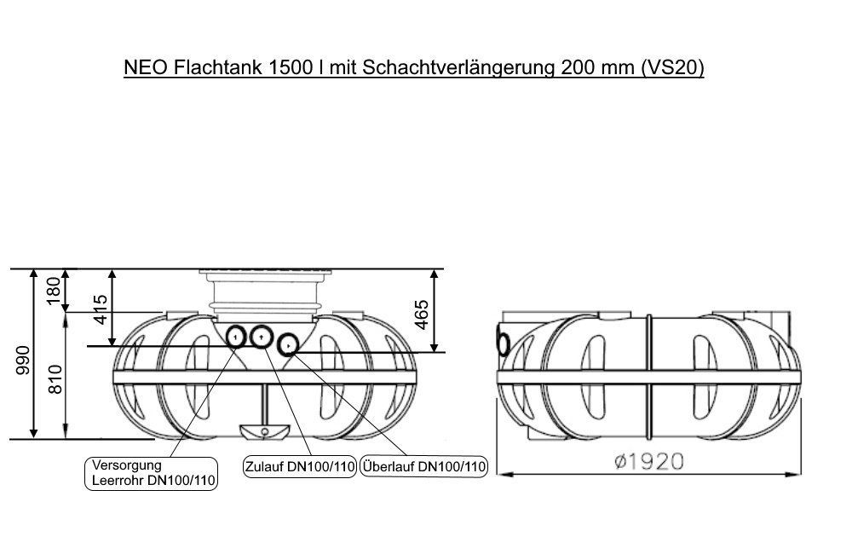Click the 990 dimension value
tap(23, 360)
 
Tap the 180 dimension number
tap(55, 291)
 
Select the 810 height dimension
tap(55, 379)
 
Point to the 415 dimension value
tap(101, 309)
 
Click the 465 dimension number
tap(422, 315)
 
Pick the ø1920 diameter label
tap(648, 462)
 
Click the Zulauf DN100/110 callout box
tap(299, 466)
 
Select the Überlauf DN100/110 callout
tap(423, 466)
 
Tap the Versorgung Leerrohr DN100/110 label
tap(152, 473)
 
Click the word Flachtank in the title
tap(218, 67)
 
